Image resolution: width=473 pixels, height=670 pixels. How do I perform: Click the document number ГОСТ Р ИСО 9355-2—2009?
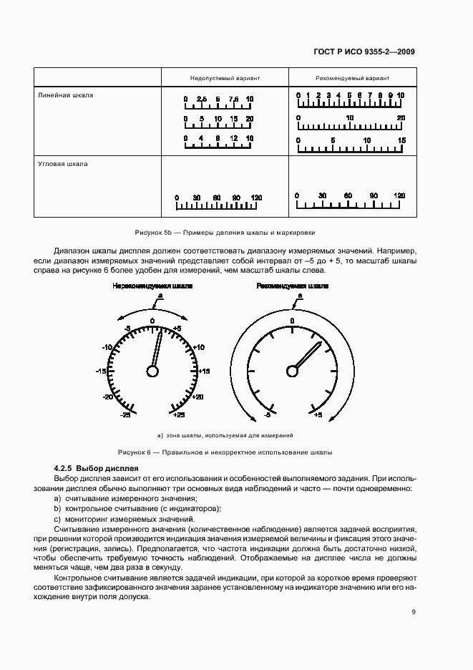pos(364,52)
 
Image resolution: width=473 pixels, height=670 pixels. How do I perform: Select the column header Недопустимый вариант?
pos(225,77)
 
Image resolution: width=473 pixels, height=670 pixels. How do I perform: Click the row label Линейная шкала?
pos(66,95)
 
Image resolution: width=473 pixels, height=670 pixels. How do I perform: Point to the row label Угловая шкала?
pos(63,164)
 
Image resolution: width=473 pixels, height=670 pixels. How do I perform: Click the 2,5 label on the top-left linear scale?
pos(201,99)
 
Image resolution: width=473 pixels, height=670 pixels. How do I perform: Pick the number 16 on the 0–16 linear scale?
pos(249,137)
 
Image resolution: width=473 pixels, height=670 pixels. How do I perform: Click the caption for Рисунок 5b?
pos(225,233)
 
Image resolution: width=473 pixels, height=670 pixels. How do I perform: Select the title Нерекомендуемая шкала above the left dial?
pos(152,286)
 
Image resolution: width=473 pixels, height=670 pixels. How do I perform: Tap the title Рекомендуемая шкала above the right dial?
pos(293,286)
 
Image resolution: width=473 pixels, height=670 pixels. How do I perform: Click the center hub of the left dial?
pos(152,370)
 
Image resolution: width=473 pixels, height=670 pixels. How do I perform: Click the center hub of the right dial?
pos(292,370)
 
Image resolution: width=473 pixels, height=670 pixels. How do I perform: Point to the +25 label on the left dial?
pos(179,414)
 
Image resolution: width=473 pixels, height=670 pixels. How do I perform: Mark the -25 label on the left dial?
pos(125,414)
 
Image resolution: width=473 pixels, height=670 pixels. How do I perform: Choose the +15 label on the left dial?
pos(204,372)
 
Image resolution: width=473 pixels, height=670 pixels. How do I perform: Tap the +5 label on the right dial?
pos(318,414)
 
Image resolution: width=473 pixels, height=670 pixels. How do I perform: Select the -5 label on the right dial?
pos(266,414)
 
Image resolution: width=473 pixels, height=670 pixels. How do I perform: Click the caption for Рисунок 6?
pos(225,452)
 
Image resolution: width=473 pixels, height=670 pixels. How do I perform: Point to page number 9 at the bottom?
pos(414,611)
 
